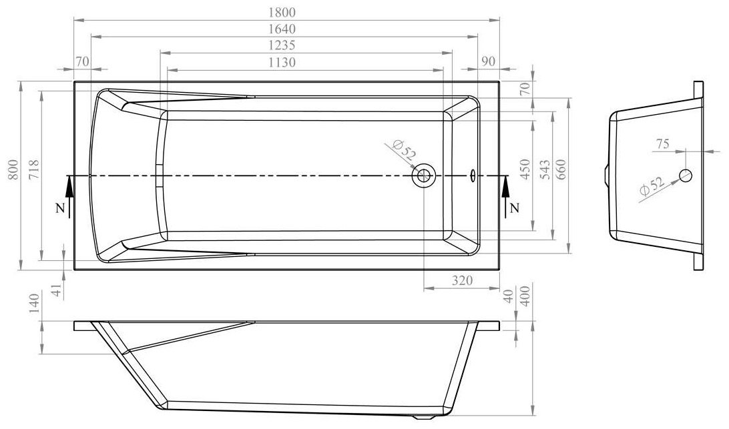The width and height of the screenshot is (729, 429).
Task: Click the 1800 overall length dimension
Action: pos(282,13)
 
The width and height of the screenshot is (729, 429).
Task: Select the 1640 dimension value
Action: pos(282,29)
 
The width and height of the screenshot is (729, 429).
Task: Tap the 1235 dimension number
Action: pos(282,45)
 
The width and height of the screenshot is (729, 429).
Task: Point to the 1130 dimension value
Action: pos(282,62)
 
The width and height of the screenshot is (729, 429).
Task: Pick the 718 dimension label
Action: pos(33,170)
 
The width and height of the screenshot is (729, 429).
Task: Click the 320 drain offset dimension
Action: pos(462,280)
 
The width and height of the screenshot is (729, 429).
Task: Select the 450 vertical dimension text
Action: pos(525,170)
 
